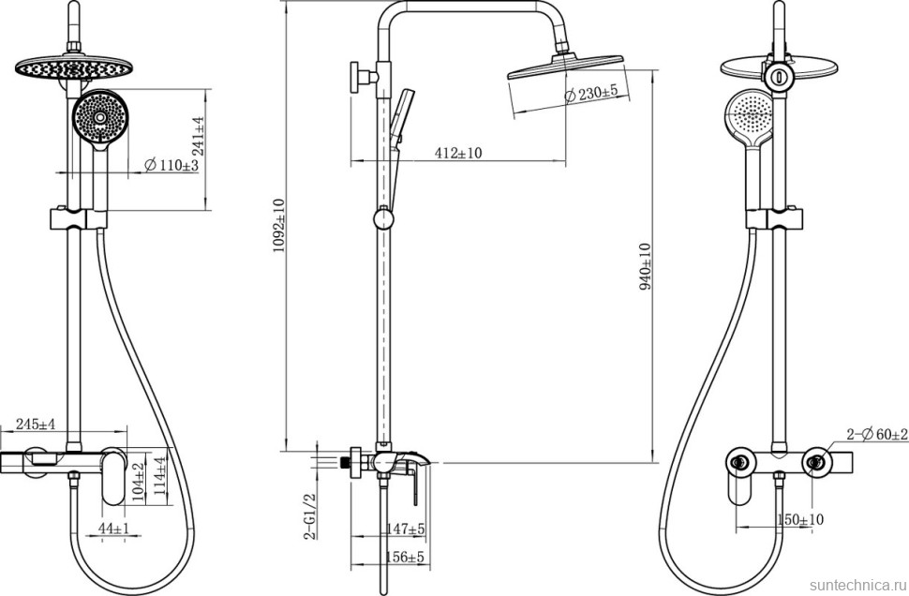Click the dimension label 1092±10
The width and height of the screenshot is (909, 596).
pyautogui.click(x=279, y=226)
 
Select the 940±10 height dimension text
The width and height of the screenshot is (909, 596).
pyautogui.click(x=645, y=266)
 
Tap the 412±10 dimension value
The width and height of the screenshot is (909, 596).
pyautogui.click(x=458, y=153)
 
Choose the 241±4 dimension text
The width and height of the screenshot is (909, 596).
pyautogui.click(x=199, y=136)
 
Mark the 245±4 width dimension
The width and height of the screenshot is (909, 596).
pyautogui.click(x=36, y=424)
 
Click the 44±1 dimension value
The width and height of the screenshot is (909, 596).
pyautogui.click(x=113, y=529)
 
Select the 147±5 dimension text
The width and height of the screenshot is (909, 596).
pyautogui.click(x=407, y=529)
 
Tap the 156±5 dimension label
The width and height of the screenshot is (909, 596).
pyautogui.click(x=405, y=558)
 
